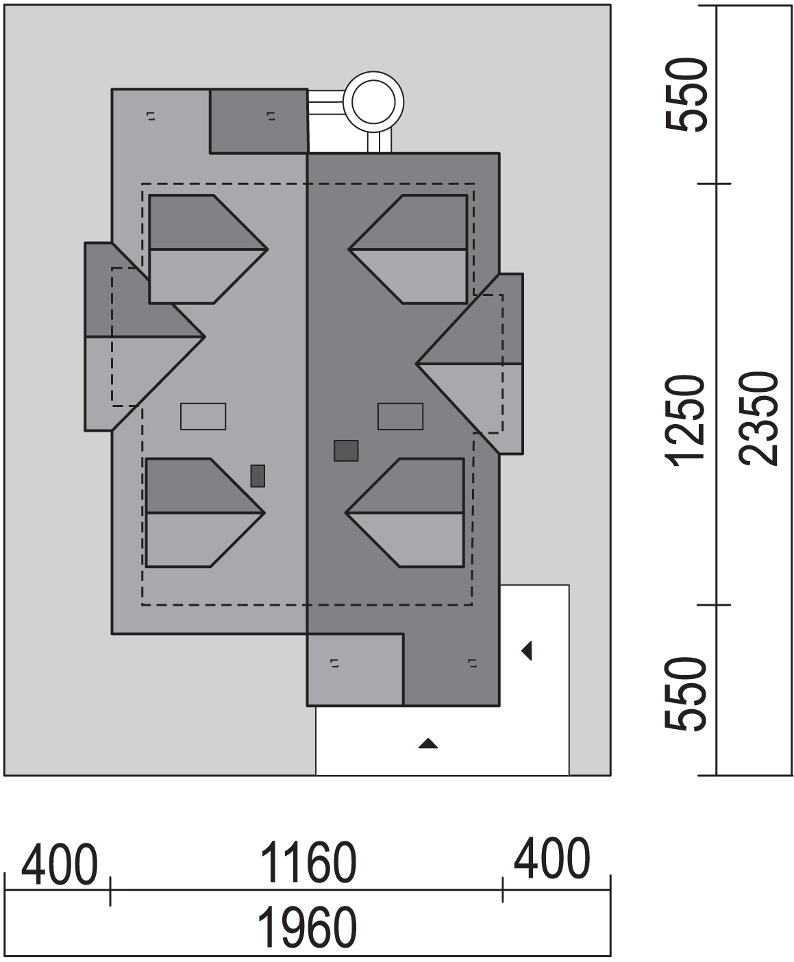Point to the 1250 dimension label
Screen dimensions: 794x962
coord(684,419)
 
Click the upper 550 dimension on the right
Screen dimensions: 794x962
coord(685,95)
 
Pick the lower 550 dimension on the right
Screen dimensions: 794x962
coord(685,694)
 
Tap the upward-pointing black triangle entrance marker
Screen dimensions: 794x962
coord(428,743)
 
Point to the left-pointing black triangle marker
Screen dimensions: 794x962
coord(528,650)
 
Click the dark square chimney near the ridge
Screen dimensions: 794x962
coord(346,451)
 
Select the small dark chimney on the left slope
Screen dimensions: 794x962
coord(258,476)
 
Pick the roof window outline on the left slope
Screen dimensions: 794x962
coord(203,417)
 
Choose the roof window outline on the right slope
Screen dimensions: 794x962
coord(401,417)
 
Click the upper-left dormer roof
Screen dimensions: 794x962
coord(208,249)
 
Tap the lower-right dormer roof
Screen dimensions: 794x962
coord(405,513)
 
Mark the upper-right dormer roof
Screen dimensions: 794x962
coord(408,249)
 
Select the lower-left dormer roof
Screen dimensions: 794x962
coord(206,513)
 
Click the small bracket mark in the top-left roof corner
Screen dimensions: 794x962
coord(151,116)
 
